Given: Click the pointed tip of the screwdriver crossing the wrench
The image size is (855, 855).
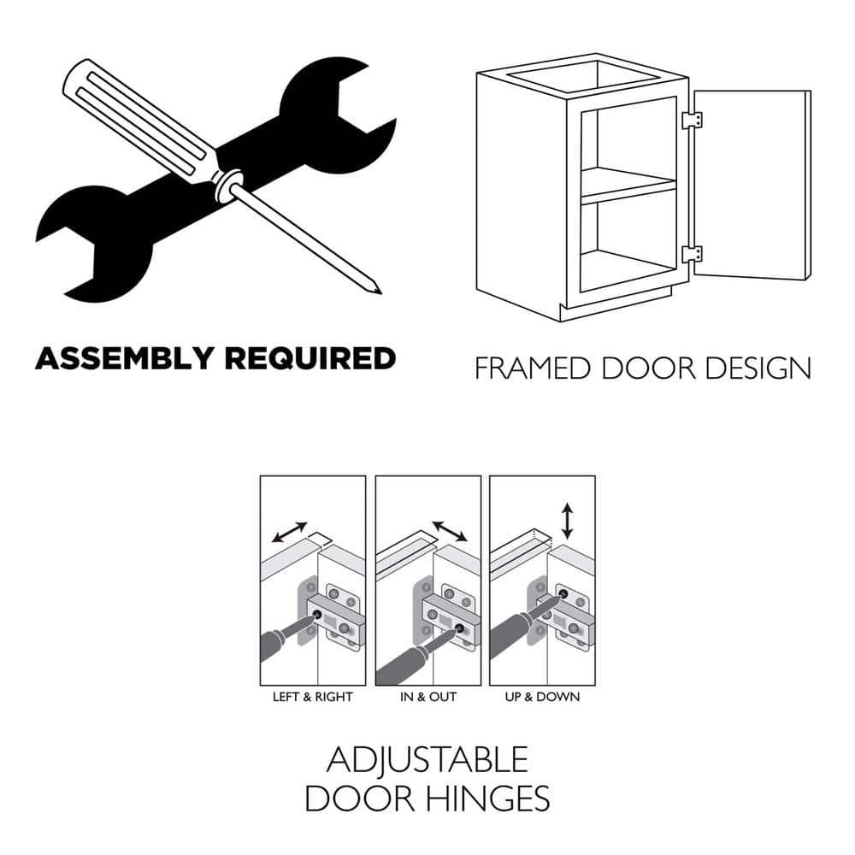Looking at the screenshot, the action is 380,292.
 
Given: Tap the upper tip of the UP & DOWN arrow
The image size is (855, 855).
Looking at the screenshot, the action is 568,504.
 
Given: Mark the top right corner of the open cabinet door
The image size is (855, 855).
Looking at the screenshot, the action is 811,91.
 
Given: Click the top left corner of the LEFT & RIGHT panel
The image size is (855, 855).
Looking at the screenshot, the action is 260,476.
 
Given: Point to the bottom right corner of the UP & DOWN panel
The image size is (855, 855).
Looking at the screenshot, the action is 595,686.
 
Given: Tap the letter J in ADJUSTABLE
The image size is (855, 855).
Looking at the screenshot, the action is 373,762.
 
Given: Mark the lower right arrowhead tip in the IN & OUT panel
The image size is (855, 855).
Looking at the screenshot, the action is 468,541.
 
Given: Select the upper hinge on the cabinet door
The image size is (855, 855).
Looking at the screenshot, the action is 692,121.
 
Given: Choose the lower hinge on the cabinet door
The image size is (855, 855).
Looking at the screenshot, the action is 692,254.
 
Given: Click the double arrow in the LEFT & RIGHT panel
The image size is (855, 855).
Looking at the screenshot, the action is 290,532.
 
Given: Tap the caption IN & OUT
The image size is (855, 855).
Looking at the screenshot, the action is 428,697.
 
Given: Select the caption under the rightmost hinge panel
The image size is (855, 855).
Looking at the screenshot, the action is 543,697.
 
